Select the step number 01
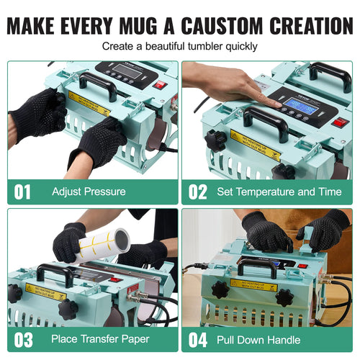pyautogui.click(x=24, y=192)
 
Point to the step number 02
pyautogui.click(x=197, y=192)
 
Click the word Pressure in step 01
pyautogui.click(x=105, y=192)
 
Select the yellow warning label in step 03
pyautogui.click(x=45, y=290)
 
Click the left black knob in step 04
pyautogui.click(x=220, y=290)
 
